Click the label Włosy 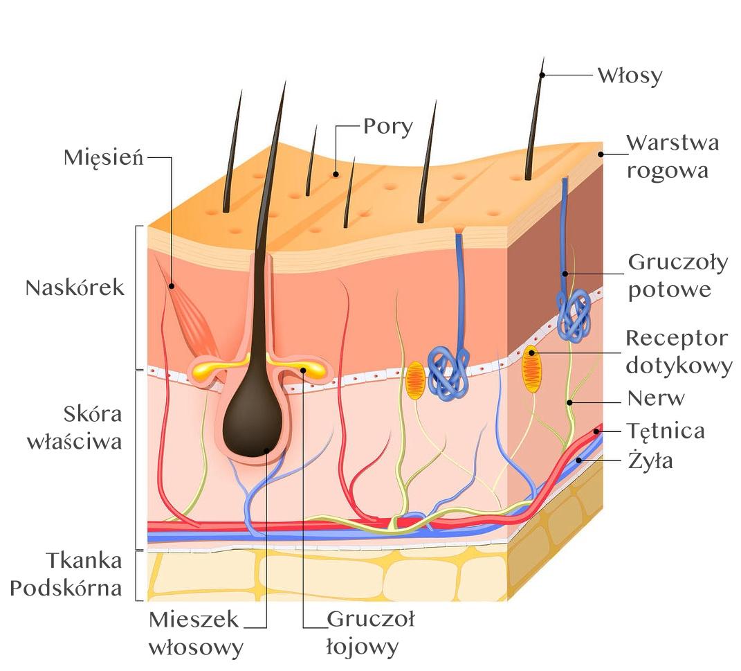[x=630, y=75]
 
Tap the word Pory [x=388, y=127]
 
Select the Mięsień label [x=104, y=157]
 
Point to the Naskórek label [x=75, y=288]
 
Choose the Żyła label [x=650, y=460]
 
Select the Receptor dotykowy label [x=677, y=352]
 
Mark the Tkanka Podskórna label [x=66, y=574]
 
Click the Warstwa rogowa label [x=672, y=156]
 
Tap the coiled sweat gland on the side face [x=574, y=315]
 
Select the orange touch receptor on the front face [x=415, y=380]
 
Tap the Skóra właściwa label [x=75, y=428]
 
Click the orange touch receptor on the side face [x=531, y=369]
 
